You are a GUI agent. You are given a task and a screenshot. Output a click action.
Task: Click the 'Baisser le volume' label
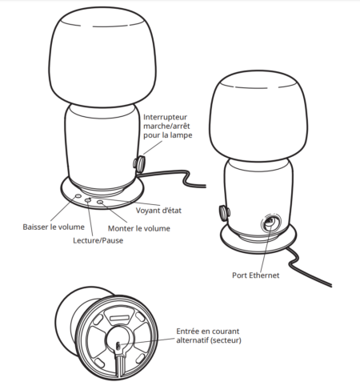coord(54,227)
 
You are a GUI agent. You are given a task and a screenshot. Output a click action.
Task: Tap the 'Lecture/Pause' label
coord(98,240)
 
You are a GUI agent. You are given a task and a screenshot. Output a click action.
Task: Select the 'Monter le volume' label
coord(139,228)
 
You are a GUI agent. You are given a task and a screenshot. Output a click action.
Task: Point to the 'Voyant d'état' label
coord(158,211)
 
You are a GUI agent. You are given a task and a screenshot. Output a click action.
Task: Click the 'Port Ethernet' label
coord(256,275)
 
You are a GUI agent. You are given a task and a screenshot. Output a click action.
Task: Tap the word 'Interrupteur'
coord(166,117)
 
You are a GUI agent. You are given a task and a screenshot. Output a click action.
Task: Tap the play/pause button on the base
coord(88,199)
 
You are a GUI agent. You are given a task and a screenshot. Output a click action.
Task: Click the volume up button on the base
coord(100,202)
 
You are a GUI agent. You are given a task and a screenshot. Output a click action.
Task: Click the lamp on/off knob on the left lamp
coord(139,163)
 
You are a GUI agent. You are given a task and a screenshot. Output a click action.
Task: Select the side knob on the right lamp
coord(225,213)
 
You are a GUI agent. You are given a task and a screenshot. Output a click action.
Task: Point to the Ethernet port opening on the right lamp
coord(270,222)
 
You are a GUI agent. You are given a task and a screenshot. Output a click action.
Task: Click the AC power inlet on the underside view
coord(118,347)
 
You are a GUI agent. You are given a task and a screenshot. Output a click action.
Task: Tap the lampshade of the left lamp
coord(102,57)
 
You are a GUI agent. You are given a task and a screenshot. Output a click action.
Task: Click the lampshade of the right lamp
coord(258,117)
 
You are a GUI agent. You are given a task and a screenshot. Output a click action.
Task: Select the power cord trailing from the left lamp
coord(174,176)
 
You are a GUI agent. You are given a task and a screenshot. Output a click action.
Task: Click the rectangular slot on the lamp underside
coord(119,318)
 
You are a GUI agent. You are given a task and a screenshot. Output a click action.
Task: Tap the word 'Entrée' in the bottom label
coord(186,332)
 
